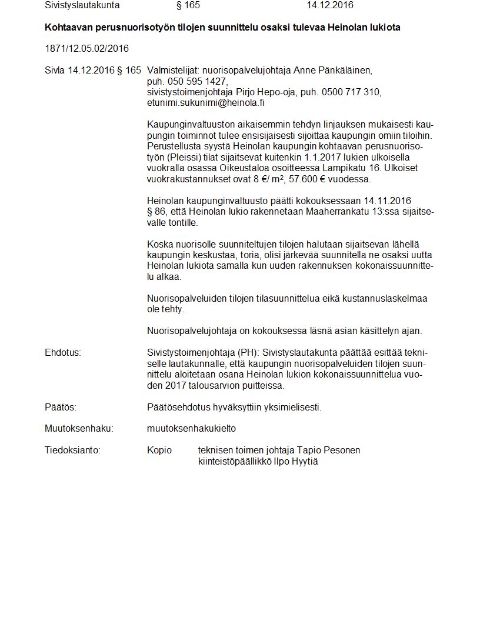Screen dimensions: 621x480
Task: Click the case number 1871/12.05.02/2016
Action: [x=86, y=48]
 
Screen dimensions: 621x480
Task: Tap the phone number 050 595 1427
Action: [x=197, y=81]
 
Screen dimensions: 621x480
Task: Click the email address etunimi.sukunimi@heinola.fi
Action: [x=206, y=102]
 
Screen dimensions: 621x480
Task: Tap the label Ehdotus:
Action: [x=62, y=353]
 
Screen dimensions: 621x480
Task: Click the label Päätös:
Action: [x=61, y=407]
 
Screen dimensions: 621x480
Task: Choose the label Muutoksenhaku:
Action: [x=79, y=429]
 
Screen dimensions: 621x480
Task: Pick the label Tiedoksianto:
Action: [x=72, y=450]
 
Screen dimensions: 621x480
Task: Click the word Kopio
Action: [x=159, y=450]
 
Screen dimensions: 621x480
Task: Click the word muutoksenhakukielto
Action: [x=191, y=429]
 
